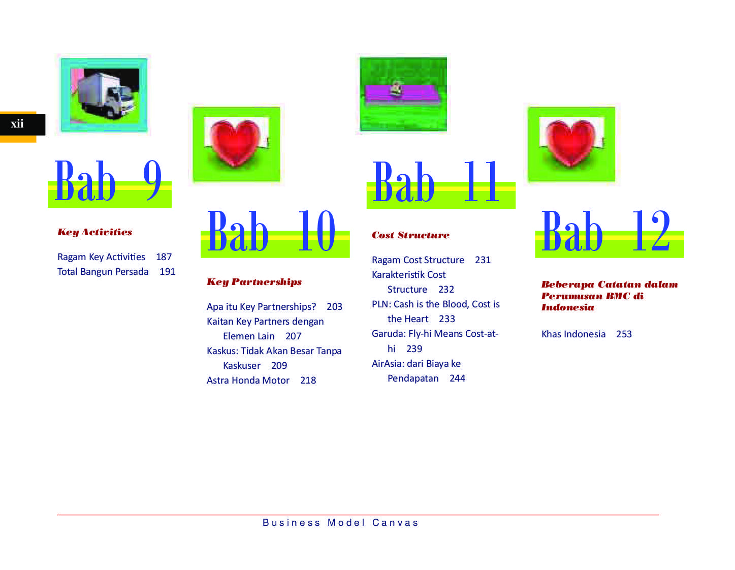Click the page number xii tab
(x=22, y=124)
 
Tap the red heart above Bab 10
(x=235, y=143)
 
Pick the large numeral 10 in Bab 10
(x=316, y=230)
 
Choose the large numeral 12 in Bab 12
(x=651, y=230)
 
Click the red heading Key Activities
(x=94, y=232)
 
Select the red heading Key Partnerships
(x=254, y=282)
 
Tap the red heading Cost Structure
(x=410, y=235)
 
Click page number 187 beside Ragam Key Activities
(x=164, y=257)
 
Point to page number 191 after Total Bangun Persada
(x=167, y=272)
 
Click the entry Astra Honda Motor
(x=248, y=380)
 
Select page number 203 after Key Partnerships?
(x=334, y=306)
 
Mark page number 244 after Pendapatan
(x=457, y=378)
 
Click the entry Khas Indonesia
(x=573, y=334)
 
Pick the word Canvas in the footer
(x=395, y=523)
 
